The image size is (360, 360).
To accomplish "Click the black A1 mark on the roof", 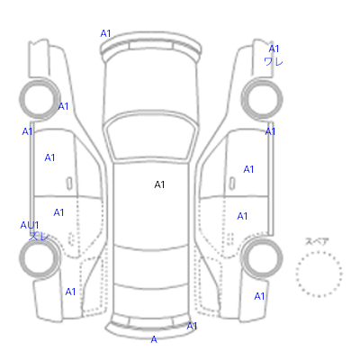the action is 159,184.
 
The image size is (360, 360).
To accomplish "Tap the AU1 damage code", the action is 30,225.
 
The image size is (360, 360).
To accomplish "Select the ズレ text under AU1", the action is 39,236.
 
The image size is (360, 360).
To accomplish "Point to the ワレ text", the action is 274,61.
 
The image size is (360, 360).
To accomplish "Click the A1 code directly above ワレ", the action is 274,49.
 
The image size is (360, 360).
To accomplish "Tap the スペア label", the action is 317,241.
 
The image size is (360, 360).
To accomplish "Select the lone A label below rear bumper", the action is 154,339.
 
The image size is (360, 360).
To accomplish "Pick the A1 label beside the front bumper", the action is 105,33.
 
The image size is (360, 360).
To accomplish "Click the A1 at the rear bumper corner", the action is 192,326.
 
